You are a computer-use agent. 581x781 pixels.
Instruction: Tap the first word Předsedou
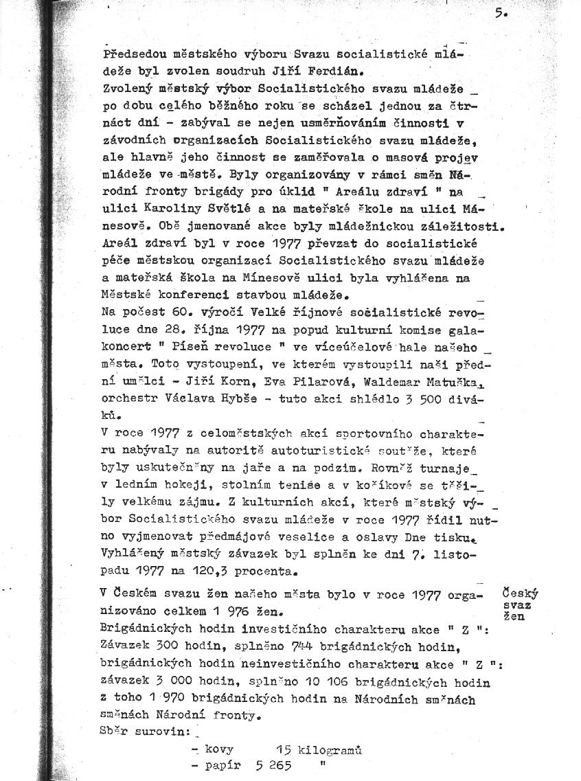(131, 53)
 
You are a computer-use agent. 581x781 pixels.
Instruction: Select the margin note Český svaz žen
(519, 604)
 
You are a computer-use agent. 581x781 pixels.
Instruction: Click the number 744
(304, 647)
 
